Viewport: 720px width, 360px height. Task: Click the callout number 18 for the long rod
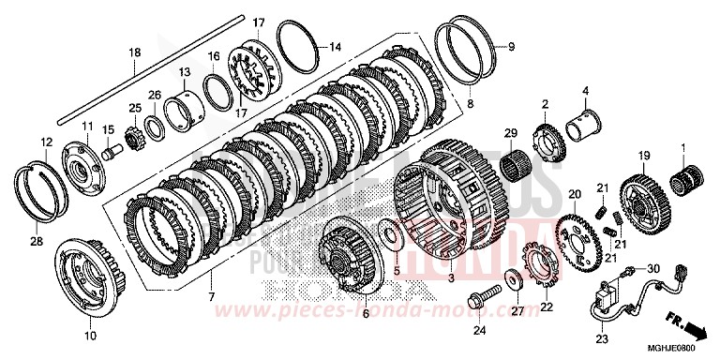click(x=134, y=52)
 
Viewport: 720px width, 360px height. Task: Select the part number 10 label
click(x=90, y=335)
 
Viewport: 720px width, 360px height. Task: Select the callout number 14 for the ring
click(x=335, y=47)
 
